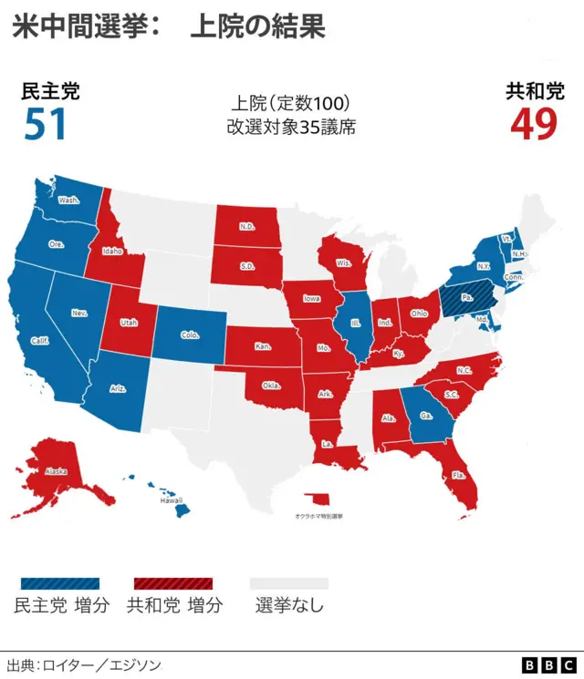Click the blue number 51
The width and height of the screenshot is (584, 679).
pos(46,125)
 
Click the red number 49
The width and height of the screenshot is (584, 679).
pos(533,125)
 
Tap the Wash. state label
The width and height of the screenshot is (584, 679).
pos(68,200)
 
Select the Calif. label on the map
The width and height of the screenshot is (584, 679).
pos(39,340)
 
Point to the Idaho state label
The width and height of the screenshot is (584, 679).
pos(112,251)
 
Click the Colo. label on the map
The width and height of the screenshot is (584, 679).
pos(190,334)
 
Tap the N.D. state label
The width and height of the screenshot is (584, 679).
pos(246,227)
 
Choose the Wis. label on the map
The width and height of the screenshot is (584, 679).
pos(344,263)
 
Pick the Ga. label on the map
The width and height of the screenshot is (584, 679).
pos(426,414)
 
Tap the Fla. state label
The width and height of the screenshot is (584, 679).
pos(459,475)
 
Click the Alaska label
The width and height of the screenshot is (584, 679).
pos(57,471)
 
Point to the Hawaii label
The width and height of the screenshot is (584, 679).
pos(172,500)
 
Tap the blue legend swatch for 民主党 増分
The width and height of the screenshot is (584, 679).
pos(59,582)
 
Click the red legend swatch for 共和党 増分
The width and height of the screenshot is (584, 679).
pos(173,582)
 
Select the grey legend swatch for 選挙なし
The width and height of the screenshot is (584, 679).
pos(288,582)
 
